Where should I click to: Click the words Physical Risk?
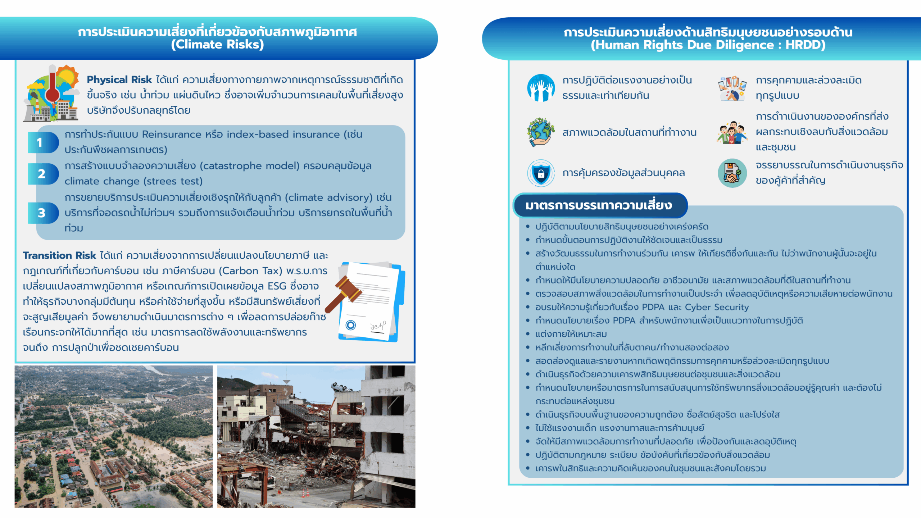[x=119, y=80]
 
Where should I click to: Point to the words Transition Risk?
[x=59, y=255]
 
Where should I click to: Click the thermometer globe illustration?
[x=52, y=94]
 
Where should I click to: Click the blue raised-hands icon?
[x=541, y=88]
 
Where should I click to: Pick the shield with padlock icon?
[x=541, y=173]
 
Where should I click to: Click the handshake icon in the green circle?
[x=732, y=173]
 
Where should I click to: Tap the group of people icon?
[x=732, y=132]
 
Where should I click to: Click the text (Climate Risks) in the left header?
[x=217, y=45]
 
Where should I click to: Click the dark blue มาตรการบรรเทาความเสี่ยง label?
[x=599, y=205]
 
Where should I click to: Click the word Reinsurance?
[x=172, y=135]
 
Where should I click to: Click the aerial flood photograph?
[x=114, y=436]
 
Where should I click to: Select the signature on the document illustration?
[x=378, y=326]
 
